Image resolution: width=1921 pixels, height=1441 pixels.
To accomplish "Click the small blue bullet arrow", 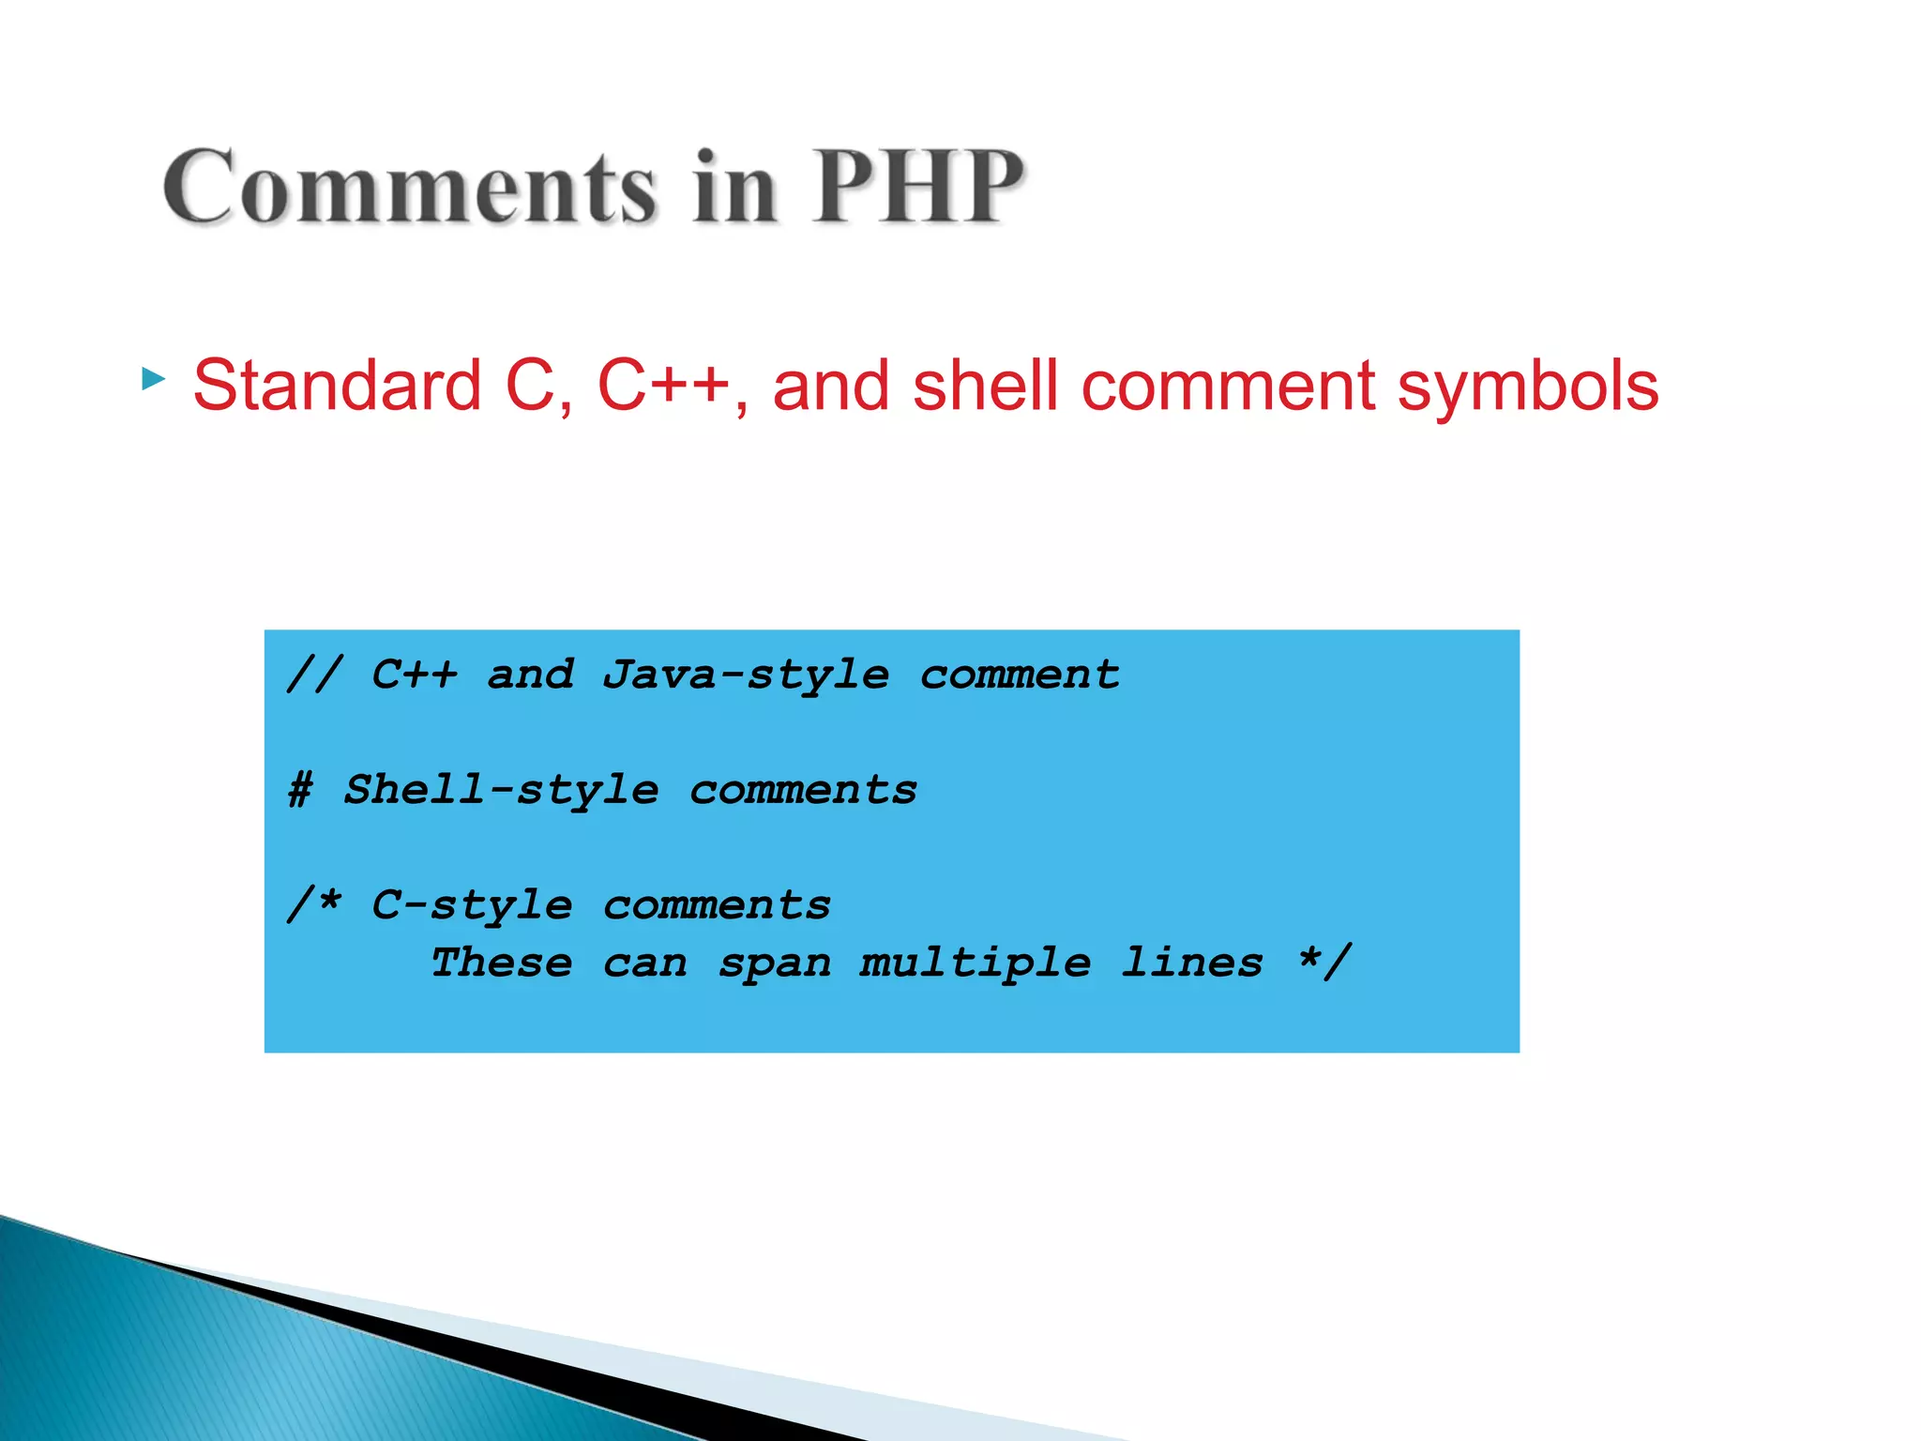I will (x=153, y=380).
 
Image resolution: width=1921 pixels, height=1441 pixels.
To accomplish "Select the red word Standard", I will (x=337, y=386).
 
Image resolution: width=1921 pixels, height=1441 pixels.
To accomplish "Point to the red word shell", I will (x=985, y=386).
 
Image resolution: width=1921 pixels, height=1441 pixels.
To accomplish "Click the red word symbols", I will (x=1528, y=387).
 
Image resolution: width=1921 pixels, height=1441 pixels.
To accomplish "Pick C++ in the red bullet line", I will (x=663, y=386).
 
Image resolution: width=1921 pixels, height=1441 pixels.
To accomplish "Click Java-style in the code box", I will (x=746, y=675).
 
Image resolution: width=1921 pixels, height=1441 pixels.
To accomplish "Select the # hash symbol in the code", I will (x=300, y=790).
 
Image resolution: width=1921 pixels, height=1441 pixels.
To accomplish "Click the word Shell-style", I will (x=501, y=791).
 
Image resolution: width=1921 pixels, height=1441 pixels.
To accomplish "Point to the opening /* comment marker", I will (x=314, y=904).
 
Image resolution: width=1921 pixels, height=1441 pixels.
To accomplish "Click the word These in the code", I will (x=502, y=963).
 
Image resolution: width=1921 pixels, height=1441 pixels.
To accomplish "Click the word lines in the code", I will (x=1192, y=963).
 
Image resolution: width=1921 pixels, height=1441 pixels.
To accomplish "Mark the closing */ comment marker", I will (x=1325, y=962).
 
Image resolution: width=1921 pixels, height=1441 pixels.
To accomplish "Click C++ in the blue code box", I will (x=415, y=675).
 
